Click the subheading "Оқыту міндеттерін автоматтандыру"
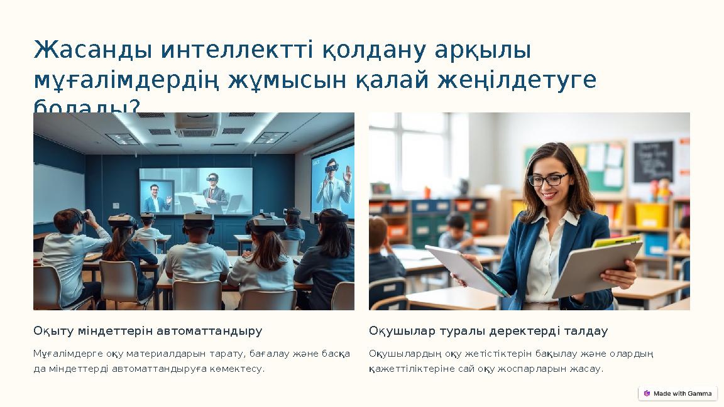click(x=148, y=331)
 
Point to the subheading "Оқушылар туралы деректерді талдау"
click(x=488, y=331)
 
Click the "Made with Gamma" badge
click(x=677, y=393)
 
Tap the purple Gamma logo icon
click(x=647, y=393)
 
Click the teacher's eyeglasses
click(x=547, y=179)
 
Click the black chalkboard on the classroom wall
click(x=652, y=161)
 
